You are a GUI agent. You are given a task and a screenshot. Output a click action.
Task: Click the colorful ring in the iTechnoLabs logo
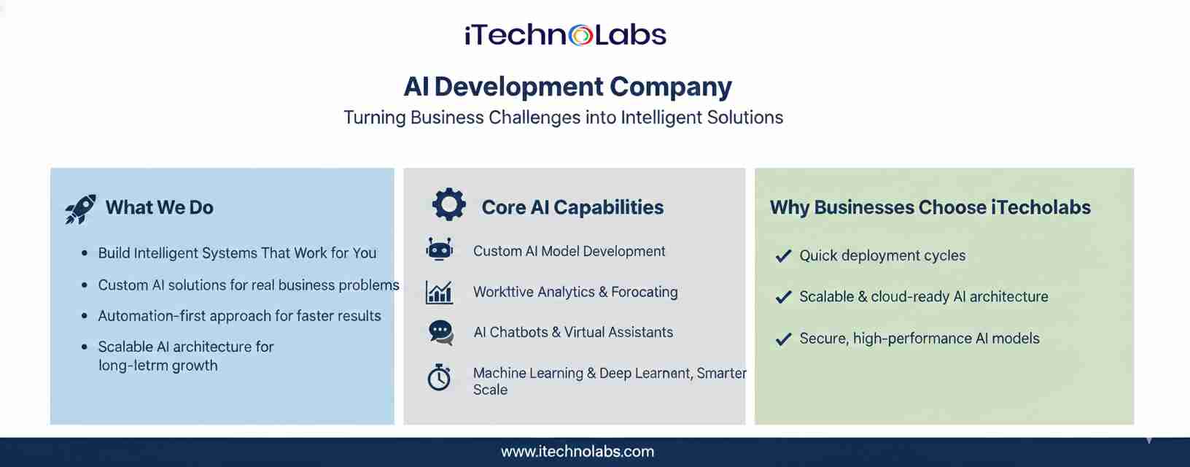[580, 36]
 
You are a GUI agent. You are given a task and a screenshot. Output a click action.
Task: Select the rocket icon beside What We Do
[81, 209]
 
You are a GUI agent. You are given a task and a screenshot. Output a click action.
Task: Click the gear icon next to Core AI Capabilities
[449, 204]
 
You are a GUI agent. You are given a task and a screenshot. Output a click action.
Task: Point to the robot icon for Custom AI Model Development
[440, 249]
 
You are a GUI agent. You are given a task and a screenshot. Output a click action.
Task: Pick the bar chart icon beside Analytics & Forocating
[440, 292]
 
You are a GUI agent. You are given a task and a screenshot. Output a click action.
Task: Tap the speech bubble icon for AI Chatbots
[441, 333]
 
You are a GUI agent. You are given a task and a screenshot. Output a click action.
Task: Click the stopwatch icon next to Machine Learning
[440, 377]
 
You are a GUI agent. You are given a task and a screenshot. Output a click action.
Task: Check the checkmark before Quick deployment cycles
[784, 256]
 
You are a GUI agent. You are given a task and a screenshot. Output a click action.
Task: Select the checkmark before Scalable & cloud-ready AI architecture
[784, 297]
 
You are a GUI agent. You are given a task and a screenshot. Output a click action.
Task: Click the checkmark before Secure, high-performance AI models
[784, 339]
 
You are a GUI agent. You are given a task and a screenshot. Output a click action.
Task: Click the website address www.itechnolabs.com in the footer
[577, 452]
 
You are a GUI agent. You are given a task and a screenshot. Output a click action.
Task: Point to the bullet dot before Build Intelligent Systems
[85, 254]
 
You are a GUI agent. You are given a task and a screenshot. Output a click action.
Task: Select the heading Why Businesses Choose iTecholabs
[930, 207]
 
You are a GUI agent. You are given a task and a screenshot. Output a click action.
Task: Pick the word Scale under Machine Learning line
[490, 390]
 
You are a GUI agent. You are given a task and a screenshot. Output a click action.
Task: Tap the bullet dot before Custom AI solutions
[85, 285]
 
